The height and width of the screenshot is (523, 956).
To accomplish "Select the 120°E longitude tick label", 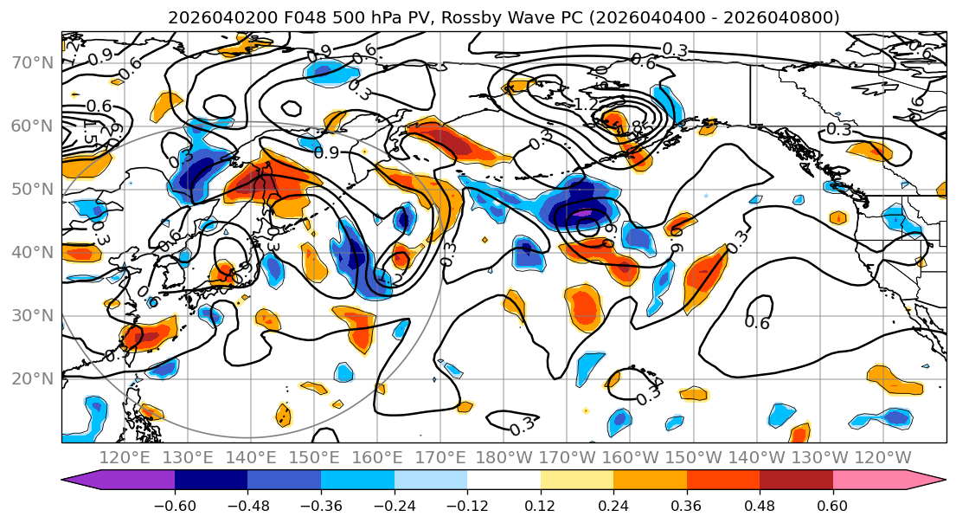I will pos(121,458).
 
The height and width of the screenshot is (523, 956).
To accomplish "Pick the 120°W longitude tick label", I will pos(882,458).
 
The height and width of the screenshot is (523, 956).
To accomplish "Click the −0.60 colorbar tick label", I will pos(175,505).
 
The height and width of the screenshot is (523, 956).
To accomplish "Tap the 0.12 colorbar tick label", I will pos(540,505).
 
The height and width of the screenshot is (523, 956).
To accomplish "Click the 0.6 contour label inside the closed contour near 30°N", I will pos(757,322).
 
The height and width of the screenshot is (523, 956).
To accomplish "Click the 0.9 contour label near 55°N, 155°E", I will pos(327,152).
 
